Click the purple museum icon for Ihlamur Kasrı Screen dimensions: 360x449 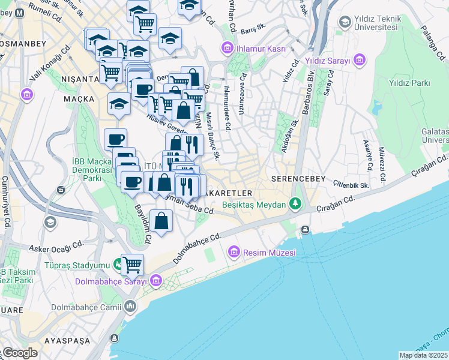click(228, 48)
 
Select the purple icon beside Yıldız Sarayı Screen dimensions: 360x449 click(360, 59)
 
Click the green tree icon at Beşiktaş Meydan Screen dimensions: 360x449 click(295, 205)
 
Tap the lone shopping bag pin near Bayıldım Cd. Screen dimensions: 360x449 click(161, 221)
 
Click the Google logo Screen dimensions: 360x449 click(20, 353)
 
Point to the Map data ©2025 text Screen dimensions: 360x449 click(423, 355)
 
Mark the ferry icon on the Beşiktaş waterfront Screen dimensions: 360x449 click(306, 230)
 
